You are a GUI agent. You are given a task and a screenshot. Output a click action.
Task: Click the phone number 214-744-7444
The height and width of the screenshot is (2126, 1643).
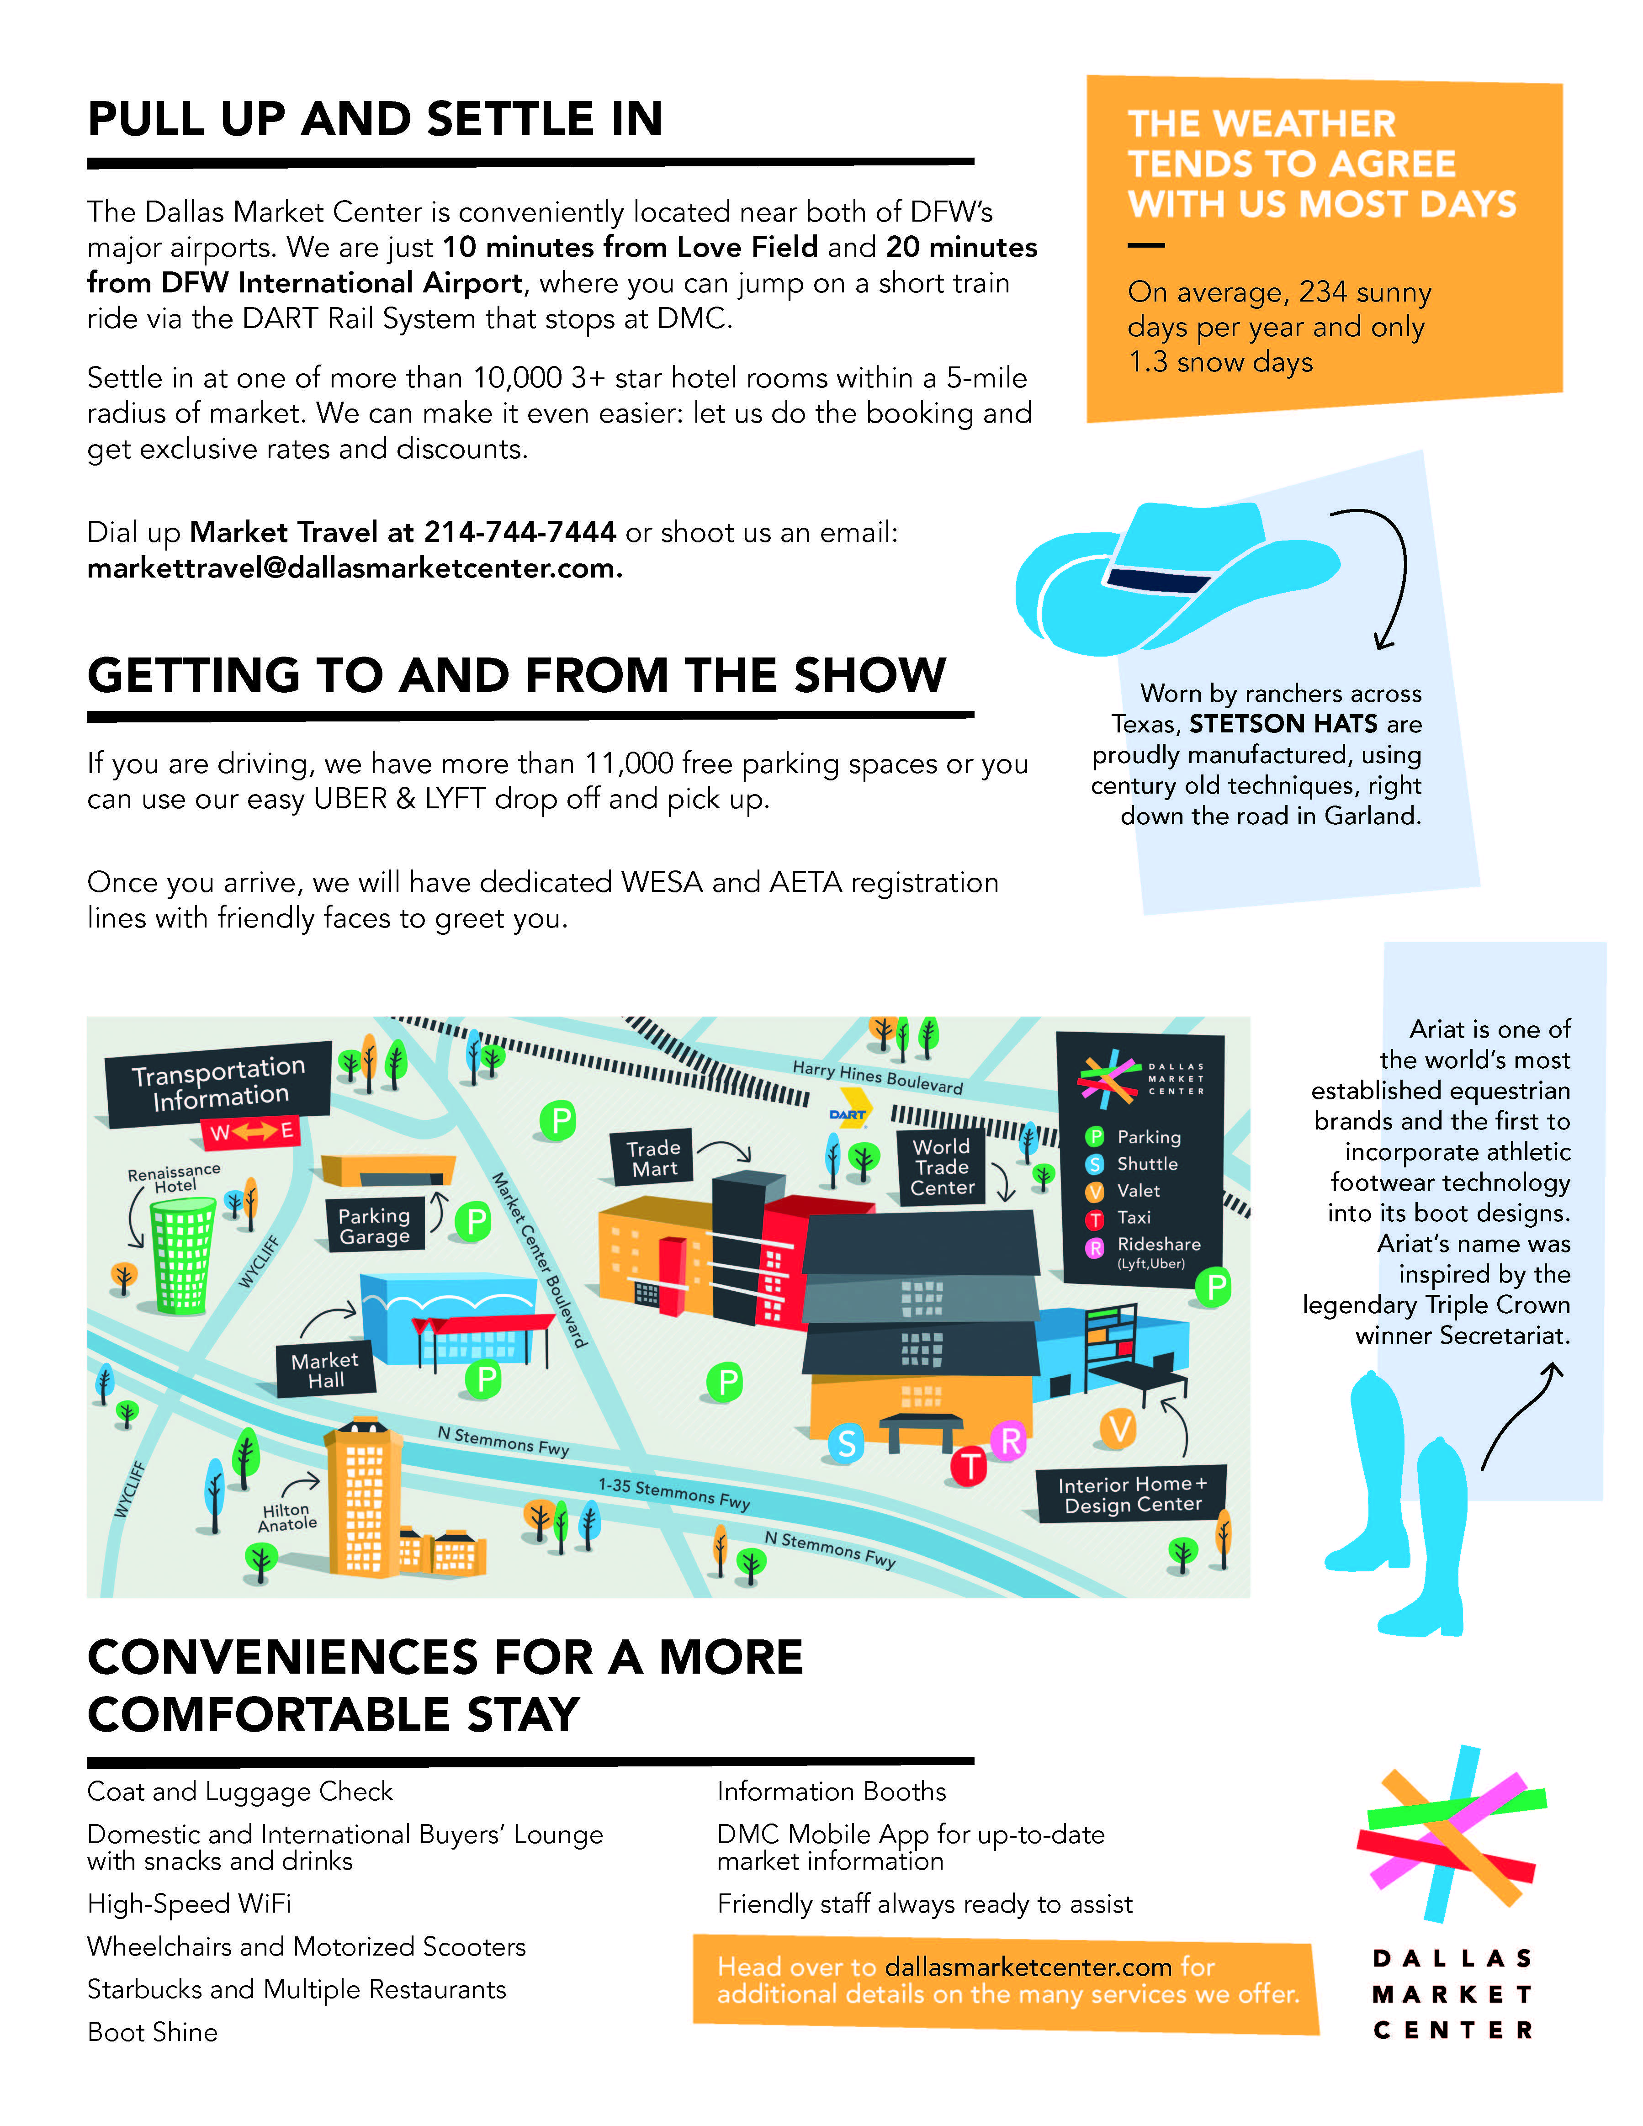coord(520,532)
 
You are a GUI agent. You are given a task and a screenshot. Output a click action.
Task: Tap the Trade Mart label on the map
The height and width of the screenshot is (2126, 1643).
coord(653,1158)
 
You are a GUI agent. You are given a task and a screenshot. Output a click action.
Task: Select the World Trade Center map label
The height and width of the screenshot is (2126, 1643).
coord(941,1167)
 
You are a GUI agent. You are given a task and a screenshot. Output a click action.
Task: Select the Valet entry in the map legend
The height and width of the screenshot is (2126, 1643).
coord(1137,1191)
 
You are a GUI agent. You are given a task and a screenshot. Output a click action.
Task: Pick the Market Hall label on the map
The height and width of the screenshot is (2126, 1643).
coord(325,1370)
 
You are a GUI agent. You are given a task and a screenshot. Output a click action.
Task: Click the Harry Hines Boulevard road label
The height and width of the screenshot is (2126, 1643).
coord(877,1076)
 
